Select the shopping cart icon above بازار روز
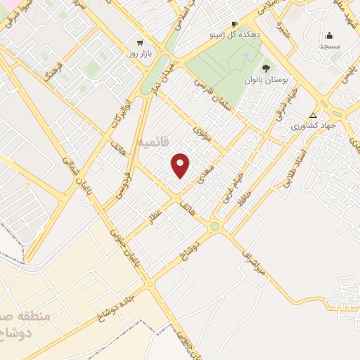pyautogui.click(x=139, y=42)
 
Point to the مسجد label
pyautogui.click(x=330, y=46)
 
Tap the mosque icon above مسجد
pyautogui.click(x=330, y=35)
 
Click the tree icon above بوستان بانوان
pyautogui.click(x=266, y=68)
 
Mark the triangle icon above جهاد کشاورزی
pyautogui.click(x=314, y=115)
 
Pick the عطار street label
pyautogui.click(x=154, y=214)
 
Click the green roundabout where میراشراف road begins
pyautogui.click(x=214, y=226)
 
